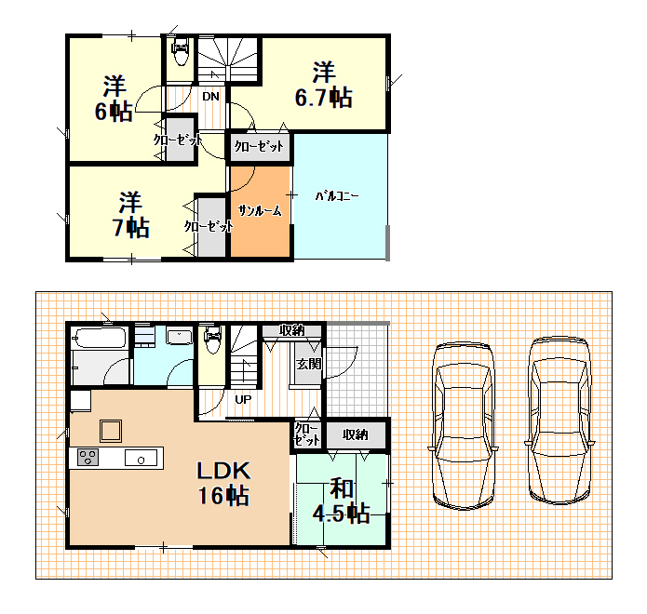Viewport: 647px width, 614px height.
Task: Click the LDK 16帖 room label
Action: (223, 483)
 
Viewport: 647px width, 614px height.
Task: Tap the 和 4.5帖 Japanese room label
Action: (341, 501)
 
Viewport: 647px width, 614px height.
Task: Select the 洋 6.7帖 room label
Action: (324, 85)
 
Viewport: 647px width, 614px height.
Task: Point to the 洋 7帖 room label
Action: (130, 214)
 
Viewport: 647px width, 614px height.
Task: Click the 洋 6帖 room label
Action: (114, 99)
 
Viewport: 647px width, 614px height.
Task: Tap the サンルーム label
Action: (260, 211)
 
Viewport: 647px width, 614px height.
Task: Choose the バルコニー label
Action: (337, 196)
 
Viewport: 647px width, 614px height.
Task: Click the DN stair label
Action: (210, 97)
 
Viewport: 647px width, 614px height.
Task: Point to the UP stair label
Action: (243, 399)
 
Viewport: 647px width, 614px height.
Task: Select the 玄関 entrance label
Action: (309, 364)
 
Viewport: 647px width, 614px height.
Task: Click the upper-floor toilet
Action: (181, 52)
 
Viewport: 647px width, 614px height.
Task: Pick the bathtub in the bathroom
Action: (99, 338)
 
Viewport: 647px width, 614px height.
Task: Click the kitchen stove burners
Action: (88, 458)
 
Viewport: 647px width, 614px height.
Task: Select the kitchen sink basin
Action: (141, 458)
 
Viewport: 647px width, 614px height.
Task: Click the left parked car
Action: (464, 425)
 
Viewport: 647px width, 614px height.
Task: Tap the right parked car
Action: (559, 420)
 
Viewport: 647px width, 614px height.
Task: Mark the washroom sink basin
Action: (180, 336)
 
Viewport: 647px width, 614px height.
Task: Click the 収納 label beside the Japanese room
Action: (356, 434)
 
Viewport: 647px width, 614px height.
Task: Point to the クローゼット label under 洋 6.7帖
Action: (259, 146)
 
